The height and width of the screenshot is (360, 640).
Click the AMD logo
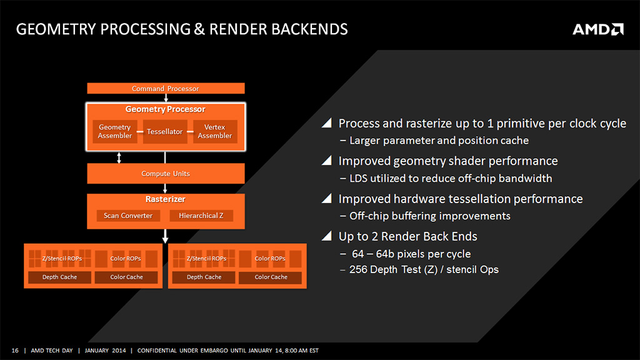(x=598, y=29)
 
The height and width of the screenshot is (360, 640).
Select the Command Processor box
(x=166, y=88)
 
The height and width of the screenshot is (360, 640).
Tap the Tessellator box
(x=165, y=131)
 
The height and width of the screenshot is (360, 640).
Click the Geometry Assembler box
(x=115, y=131)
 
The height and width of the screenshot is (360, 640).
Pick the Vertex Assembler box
(x=215, y=131)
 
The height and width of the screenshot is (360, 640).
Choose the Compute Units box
(x=166, y=174)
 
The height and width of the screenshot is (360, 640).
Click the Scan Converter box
(x=128, y=216)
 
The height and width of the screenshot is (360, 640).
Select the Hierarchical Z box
(x=201, y=216)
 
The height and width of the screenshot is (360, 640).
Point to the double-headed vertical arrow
(x=119, y=157)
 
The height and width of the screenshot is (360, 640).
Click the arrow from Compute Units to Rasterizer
(x=165, y=189)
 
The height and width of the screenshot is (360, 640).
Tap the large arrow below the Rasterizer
(x=165, y=236)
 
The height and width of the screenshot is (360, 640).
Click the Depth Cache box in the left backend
(x=59, y=277)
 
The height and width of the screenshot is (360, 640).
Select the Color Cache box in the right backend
(x=271, y=277)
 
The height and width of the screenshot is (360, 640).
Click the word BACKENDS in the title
(x=309, y=29)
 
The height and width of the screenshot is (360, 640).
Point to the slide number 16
(x=15, y=350)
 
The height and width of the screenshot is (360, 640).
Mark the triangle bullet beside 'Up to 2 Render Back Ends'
(x=326, y=236)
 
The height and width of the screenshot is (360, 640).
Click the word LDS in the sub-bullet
(x=358, y=178)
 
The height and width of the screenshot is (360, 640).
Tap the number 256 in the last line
(x=358, y=269)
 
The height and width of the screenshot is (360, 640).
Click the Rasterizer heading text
(x=165, y=199)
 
